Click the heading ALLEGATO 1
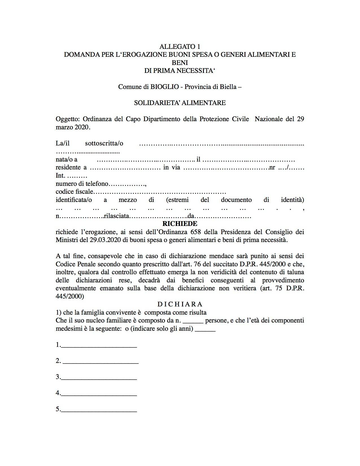(x=180, y=47)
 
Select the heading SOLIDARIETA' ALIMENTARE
(x=180, y=103)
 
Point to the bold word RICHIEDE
(x=180, y=224)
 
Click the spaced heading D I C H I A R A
(x=180, y=304)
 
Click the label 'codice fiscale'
(x=74, y=192)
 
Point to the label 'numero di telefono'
(x=82, y=184)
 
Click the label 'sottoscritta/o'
(x=104, y=143)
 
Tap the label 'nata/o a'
(x=66, y=160)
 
